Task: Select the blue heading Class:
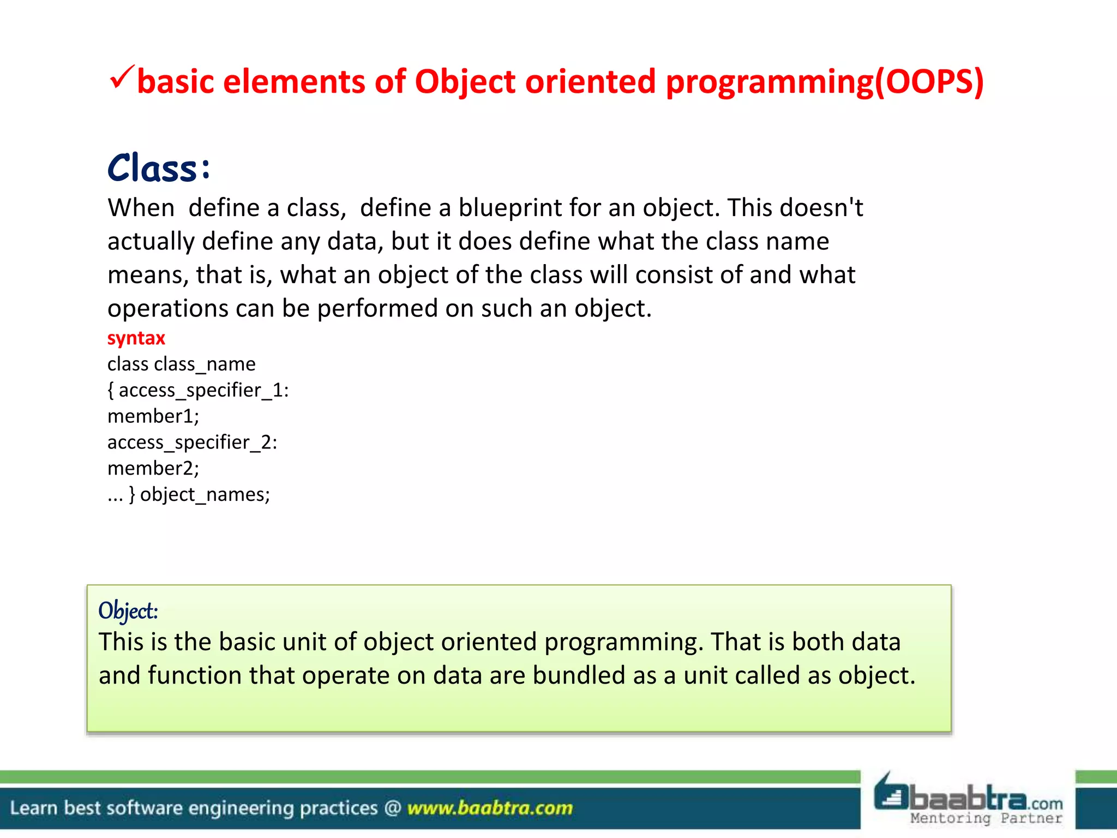(x=159, y=168)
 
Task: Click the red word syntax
(x=136, y=338)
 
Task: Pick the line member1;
(x=153, y=416)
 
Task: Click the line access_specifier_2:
(x=192, y=442)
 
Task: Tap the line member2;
(x=153, y=469)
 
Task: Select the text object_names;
(x=205, y=495)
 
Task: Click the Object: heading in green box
(x=128, y=610)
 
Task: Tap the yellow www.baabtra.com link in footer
(x=490, y=808)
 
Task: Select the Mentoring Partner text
(x=986, y=818)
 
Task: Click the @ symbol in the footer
(x=393, y=808)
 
